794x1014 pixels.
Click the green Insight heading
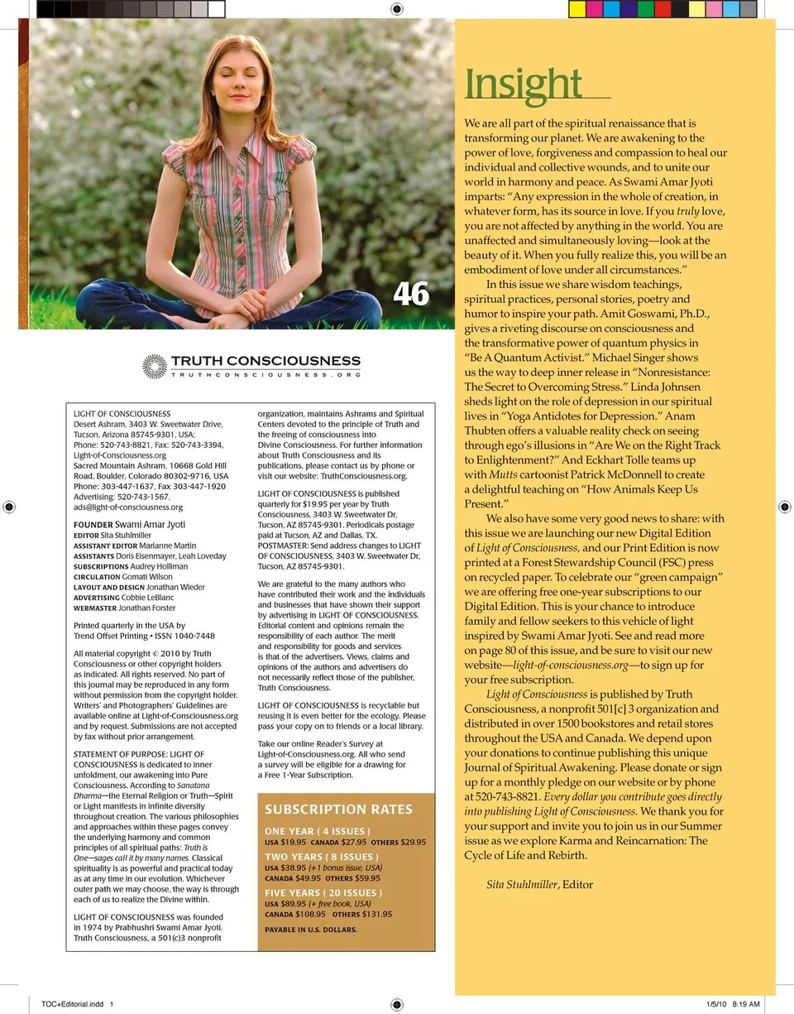[524, 84]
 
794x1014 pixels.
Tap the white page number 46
[411, 293]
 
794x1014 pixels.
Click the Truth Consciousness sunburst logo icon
[155, 367]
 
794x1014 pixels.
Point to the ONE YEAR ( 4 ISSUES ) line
[318, 831]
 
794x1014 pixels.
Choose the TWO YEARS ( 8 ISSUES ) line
[322, 857]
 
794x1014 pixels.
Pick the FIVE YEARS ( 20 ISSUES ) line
[323, 893]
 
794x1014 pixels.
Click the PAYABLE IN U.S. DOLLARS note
[311, 930]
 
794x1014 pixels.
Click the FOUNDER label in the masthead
[93, 525]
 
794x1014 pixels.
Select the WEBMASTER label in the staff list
[94, 608]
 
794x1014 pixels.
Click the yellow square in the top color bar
[577, 9]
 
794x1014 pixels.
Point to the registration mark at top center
[396, 9]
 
